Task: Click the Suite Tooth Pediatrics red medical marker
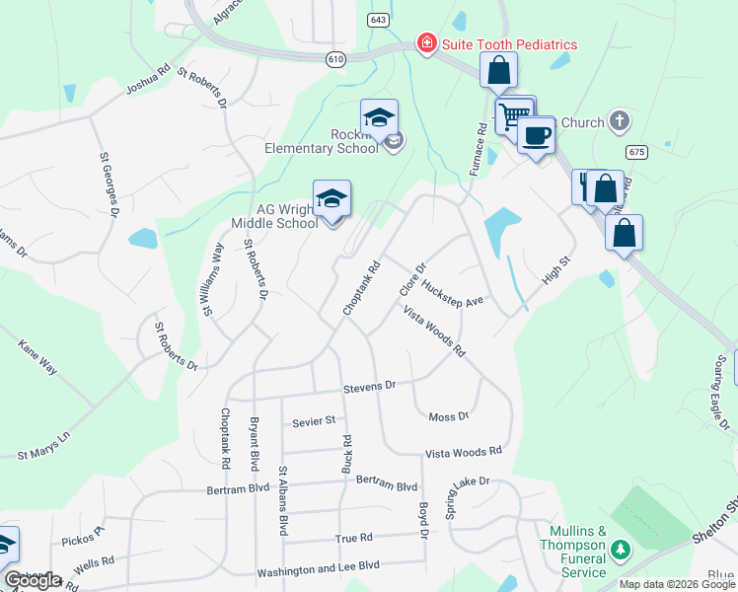(x=426, y=44)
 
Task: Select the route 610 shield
(x=336, y=59)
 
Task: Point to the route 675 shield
(x=636, y=151)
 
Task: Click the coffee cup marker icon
(x=536, y=134)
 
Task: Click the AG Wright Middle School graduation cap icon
(x=332, y=198)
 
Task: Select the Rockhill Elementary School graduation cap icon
(x=379, y=117)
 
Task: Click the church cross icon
(x=619, y=122)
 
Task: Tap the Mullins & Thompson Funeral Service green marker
(x=621, y=549)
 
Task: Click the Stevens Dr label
(x=369, y=388)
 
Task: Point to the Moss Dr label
(x=449, y=417)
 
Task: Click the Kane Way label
(x=37, y=357)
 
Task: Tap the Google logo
(x=34, y=580)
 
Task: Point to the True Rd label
(x=353, y=538)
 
